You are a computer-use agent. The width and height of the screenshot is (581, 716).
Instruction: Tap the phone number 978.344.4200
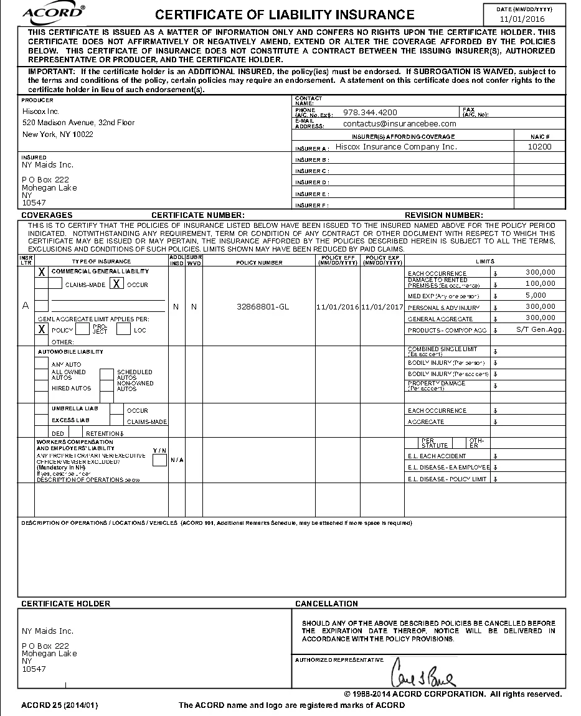[x=370, y=113]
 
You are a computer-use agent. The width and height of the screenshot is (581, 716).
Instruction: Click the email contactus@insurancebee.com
[x=399, y=124]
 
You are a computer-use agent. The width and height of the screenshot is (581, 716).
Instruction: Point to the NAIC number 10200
[x=539, y=147]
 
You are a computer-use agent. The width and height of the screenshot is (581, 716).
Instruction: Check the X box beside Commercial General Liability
[x=42, y=272]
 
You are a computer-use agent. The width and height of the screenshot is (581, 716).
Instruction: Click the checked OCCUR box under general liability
[x=116, y=284]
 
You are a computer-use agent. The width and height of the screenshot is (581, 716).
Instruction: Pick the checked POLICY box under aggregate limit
[x=42, y=329]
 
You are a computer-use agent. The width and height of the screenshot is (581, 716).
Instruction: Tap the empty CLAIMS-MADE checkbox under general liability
[x=55, y=284]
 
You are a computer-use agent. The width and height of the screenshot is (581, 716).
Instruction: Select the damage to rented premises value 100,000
[x=540, y=283]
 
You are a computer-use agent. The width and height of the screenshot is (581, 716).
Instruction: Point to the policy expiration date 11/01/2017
[x=382, y=307]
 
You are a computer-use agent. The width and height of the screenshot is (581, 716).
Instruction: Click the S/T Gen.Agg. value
[x=540, y=329]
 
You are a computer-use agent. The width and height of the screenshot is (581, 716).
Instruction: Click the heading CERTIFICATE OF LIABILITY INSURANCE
[x=285, y=15]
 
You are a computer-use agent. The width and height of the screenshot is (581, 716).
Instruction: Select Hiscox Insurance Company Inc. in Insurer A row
[x=396, y=147]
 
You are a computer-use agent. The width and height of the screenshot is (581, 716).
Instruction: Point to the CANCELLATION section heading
[x=326, y=603]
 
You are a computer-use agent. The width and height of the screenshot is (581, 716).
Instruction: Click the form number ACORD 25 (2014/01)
[x=59, y=705]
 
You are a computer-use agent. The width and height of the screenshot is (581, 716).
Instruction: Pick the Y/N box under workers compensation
[x=159, y=460]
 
